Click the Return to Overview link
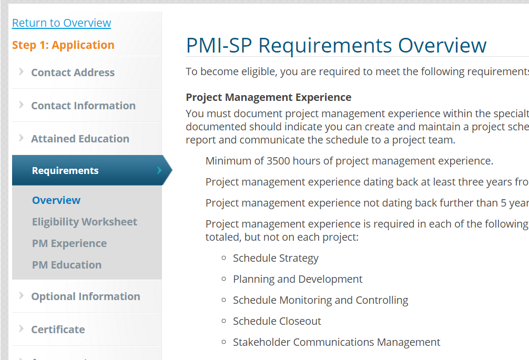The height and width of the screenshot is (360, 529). click(x=62, y=23)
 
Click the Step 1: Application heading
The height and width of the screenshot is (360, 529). click(x=63, y=45)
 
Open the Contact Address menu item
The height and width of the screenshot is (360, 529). click(x=73, y=73)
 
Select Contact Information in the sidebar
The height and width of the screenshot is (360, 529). click(x=83, y=106)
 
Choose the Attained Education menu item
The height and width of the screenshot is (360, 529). click(x=80, y=139)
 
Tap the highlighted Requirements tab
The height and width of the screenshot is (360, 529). click(x=65, y=171)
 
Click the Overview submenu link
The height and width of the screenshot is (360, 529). click(x=56, y=200)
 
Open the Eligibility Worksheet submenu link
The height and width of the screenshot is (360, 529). click(x=85, y=222)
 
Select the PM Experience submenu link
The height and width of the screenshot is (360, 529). click(x=69, y=243)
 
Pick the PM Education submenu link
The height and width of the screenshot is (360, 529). click(x=67, y=265)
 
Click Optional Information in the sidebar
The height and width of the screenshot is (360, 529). click(x=86, y=296)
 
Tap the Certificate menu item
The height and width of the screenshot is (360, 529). click(x=58, y=330)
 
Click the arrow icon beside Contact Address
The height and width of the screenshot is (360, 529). click(x=21, y=71)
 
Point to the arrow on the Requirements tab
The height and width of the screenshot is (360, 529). click(x=159, y=170)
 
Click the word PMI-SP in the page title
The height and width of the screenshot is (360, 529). click(x=219, y=46)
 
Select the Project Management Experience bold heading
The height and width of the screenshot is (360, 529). click(x=269, y=97)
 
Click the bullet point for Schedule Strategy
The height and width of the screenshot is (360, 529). click(x=223, y=258)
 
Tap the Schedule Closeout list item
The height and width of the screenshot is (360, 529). click(x=277, y=321)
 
